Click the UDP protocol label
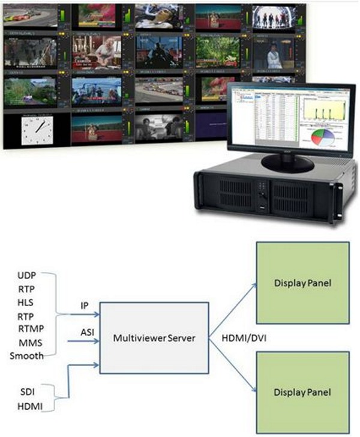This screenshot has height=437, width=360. point(26,276)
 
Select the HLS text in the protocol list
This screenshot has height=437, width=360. point(26,302)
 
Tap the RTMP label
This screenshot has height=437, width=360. point(30,328)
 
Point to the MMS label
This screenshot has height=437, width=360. point(27,342)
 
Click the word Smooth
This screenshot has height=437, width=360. point(26,355)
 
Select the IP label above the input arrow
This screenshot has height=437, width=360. point(85,305)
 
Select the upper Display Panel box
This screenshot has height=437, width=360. point(302,283)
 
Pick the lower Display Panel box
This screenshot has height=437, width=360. point(302,392)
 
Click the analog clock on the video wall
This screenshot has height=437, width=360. point(37,130)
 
